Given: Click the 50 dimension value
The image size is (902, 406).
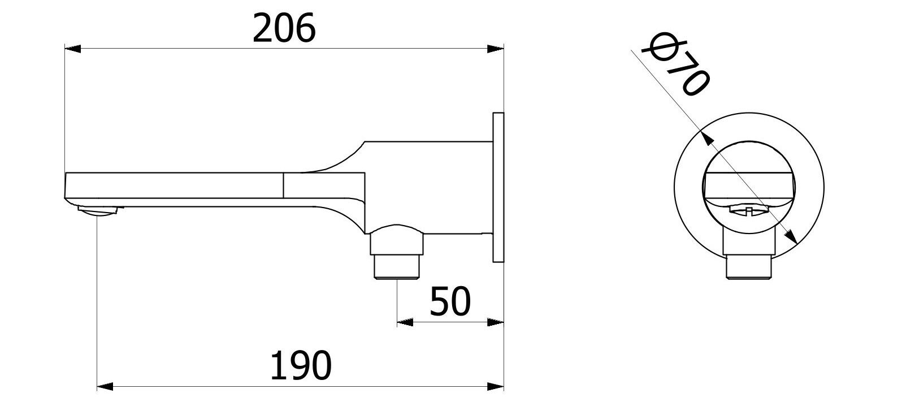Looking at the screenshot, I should pos(450,301).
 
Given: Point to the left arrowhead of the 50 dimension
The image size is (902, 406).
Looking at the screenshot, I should pos(405,322).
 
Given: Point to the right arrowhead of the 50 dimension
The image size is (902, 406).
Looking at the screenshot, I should pos(496,322).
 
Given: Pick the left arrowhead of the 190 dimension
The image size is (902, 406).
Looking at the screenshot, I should pos(106,387).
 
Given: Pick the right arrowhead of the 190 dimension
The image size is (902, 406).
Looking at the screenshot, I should pos(496,387).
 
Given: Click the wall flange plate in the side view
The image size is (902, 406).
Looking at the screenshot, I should pos(498,187).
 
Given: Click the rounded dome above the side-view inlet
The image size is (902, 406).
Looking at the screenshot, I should pos(397,232).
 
